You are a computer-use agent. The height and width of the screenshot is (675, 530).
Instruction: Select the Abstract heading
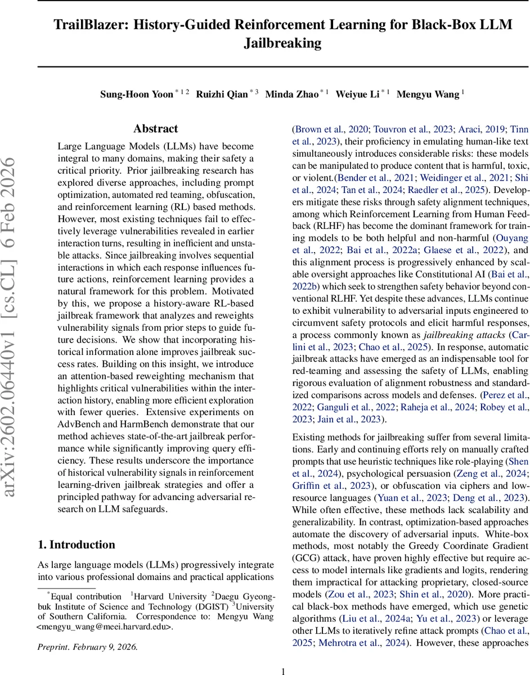(156, 129)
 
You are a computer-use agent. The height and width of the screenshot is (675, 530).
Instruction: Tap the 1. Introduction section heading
(76, 544)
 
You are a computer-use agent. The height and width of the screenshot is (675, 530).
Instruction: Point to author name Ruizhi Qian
(221, 94)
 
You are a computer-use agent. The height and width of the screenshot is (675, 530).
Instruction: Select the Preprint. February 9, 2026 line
(87, 646)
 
